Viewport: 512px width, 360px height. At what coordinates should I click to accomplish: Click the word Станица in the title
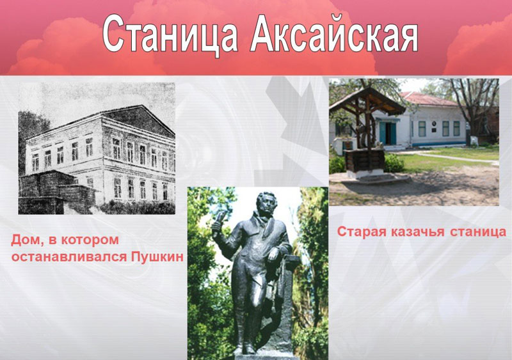[170, 35]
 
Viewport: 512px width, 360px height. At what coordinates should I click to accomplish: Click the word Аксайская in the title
[334, 34]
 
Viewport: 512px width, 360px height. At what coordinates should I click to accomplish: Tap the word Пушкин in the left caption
[157, 257]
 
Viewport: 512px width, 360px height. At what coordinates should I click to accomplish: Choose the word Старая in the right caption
[362, 232]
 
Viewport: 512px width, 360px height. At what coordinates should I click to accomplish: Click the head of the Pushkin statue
[266, 204]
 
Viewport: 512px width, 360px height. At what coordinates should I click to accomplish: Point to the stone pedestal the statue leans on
[284, 304]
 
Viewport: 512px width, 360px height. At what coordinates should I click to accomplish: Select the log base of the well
[365, 160]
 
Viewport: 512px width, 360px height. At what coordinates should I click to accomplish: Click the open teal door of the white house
[388, 133]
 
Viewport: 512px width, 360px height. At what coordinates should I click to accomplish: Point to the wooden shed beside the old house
[56, 192]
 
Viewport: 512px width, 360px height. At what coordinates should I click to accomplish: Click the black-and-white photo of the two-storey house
[97, 148]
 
